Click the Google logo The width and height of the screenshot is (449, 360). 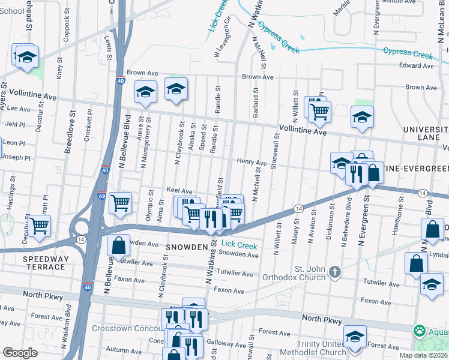[20, 352]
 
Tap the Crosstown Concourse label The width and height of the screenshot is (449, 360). [127, 329]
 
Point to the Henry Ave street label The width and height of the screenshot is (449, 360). [251, 163]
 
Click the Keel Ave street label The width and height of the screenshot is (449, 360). [179, 190]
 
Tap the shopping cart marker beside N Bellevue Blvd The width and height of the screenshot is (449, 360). [120, 204]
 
